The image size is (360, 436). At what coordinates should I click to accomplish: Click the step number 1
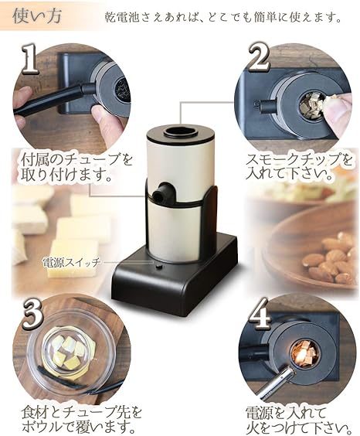point(32,59)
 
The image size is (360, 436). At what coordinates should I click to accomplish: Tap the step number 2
point(260,58)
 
